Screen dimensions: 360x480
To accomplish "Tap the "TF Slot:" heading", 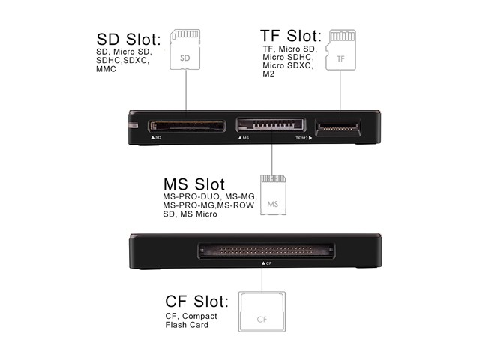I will click(291, 36).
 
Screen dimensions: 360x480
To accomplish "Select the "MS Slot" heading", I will click(194, 184).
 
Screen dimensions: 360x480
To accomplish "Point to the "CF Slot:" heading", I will click(197, 301).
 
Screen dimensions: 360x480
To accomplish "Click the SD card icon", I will click(185, 49).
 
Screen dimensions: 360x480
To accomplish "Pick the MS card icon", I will click(272, 196).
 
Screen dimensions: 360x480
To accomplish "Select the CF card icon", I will click(261, 311).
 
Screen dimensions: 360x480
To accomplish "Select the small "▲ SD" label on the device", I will click(156, 139).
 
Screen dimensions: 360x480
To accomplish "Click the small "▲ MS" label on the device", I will click(243, 139).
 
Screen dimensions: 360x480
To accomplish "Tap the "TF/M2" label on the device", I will click(301, 139).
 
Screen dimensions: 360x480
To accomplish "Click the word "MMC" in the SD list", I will click(106, 69).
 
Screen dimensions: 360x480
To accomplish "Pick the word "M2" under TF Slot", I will click(268, 74).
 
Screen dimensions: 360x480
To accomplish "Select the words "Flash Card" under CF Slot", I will click(187, 325).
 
